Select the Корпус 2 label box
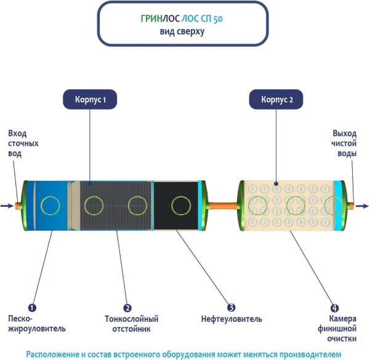(x=276, y=99)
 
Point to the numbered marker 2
(x=127, y=307)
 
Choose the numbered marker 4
(x=334, y=307)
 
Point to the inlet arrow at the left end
(x=6, y=206)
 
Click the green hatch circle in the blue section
(x=50, y=206)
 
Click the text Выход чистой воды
(x=344, y=143)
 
